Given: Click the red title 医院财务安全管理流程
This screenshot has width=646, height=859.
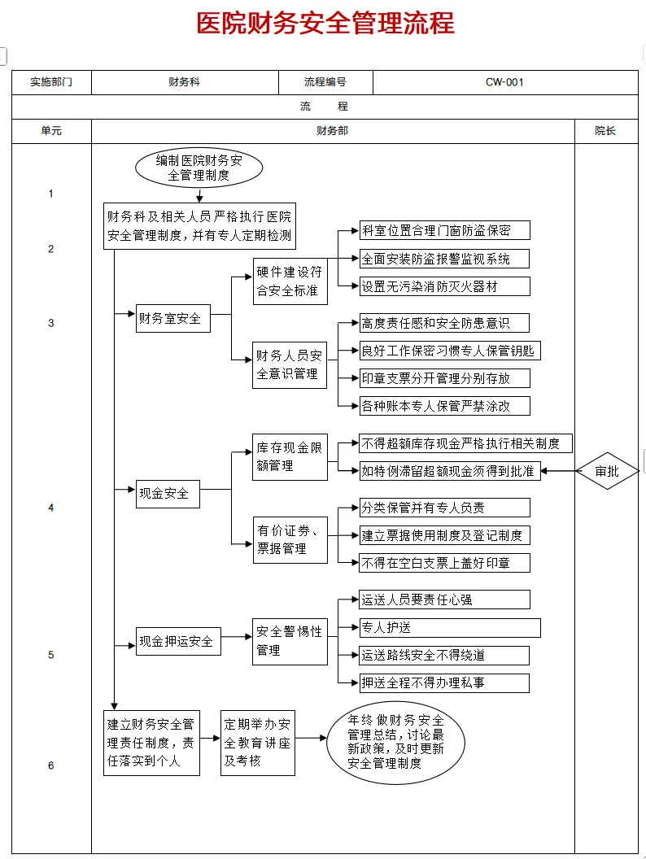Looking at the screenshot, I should (x=325, y=23).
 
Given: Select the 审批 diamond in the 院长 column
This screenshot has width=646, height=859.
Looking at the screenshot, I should (x=607, y=471).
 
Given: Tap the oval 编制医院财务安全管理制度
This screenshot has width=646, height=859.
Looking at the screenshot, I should (x=199, y=168).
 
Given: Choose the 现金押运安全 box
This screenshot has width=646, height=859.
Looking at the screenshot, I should (x=177, y=641).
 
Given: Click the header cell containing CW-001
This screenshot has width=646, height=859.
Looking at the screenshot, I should (x=504, y=82).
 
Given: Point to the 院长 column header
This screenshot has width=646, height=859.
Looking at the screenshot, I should (x=605, y=131).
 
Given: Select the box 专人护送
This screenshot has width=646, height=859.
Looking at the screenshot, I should (x=449, y=628).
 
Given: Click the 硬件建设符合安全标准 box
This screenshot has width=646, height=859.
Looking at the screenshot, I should (x=290, y=281).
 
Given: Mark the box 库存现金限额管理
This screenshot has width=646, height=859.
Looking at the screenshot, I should (x=290, y=457).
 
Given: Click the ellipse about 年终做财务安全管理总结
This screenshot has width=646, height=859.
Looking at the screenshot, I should (x=396, y=742).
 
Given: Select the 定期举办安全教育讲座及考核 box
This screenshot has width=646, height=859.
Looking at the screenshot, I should (x=257, y=742).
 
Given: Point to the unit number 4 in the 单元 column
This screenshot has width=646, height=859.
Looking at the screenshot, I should (x=51, y=508).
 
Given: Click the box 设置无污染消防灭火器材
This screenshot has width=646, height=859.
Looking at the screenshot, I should (x=444, y=286).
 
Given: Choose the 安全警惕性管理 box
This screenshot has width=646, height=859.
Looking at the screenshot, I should (x=290, y=641).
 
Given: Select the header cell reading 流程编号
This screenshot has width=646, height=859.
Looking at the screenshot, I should (x=325, y=82).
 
